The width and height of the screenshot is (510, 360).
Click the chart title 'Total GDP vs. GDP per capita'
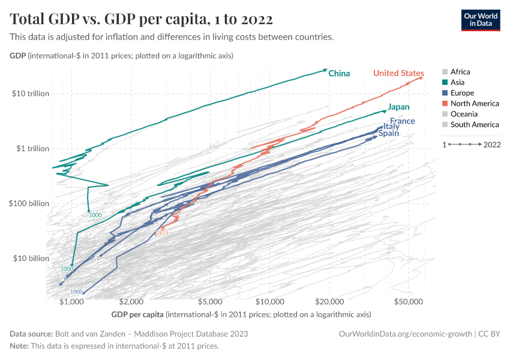pyautogui.click(x=142, y=19)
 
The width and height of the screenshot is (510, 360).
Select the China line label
pyautogui.click(x=339, y=73)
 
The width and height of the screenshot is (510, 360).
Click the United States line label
pyautogui.click(x=398, y=73)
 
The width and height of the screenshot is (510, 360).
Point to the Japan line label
pyautogui.click(x=398, y=107)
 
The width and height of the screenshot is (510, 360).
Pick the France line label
pyautogui.click(x=402, y=121)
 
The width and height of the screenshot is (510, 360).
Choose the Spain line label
pyautogui.click(x=388, y=134)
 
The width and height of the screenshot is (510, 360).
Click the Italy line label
pyautogui.click(x=391, y=127)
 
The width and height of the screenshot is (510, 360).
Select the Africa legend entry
pyautogui.click(x=460, y=71)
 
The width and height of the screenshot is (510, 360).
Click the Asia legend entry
pyautogui.click(x=457, y=82)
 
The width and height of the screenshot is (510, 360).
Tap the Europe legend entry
pyautogui.click(x=461, y=93)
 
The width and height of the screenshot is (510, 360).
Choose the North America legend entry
pyautogui.click(x=474, y=104)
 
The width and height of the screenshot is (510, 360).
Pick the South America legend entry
pyautogui.click(x=474, y=125)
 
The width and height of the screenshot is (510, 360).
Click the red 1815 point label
pyautogui.click(x=161, y=232)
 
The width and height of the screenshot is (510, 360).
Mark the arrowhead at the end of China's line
pyautogui.click(x=325, y=70)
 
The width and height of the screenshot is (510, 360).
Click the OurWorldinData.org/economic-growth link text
pyautogui.click(x=406, y=334)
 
